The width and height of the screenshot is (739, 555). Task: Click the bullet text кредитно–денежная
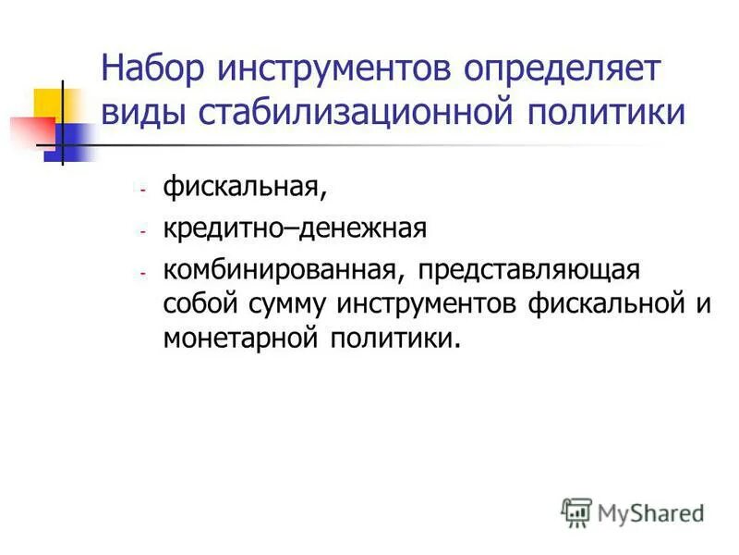click(295, 228)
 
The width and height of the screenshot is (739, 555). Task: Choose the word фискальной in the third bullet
click(596, 304)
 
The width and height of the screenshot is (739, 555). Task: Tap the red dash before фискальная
click(143, 189)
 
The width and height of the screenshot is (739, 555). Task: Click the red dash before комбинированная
click(143, 274)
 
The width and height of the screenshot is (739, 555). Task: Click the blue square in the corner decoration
click(67, 141)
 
